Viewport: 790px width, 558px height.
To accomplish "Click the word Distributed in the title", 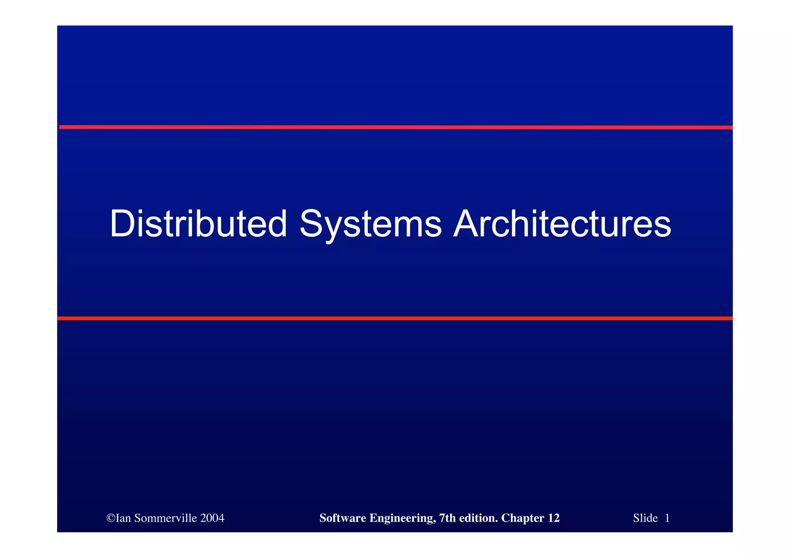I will [198, 224].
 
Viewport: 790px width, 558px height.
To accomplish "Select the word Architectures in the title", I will [562, 224].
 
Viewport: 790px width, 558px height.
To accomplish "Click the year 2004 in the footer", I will [212, 518].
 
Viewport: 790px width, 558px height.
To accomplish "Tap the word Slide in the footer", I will [645, 518].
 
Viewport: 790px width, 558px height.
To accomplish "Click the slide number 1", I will [667, 518].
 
